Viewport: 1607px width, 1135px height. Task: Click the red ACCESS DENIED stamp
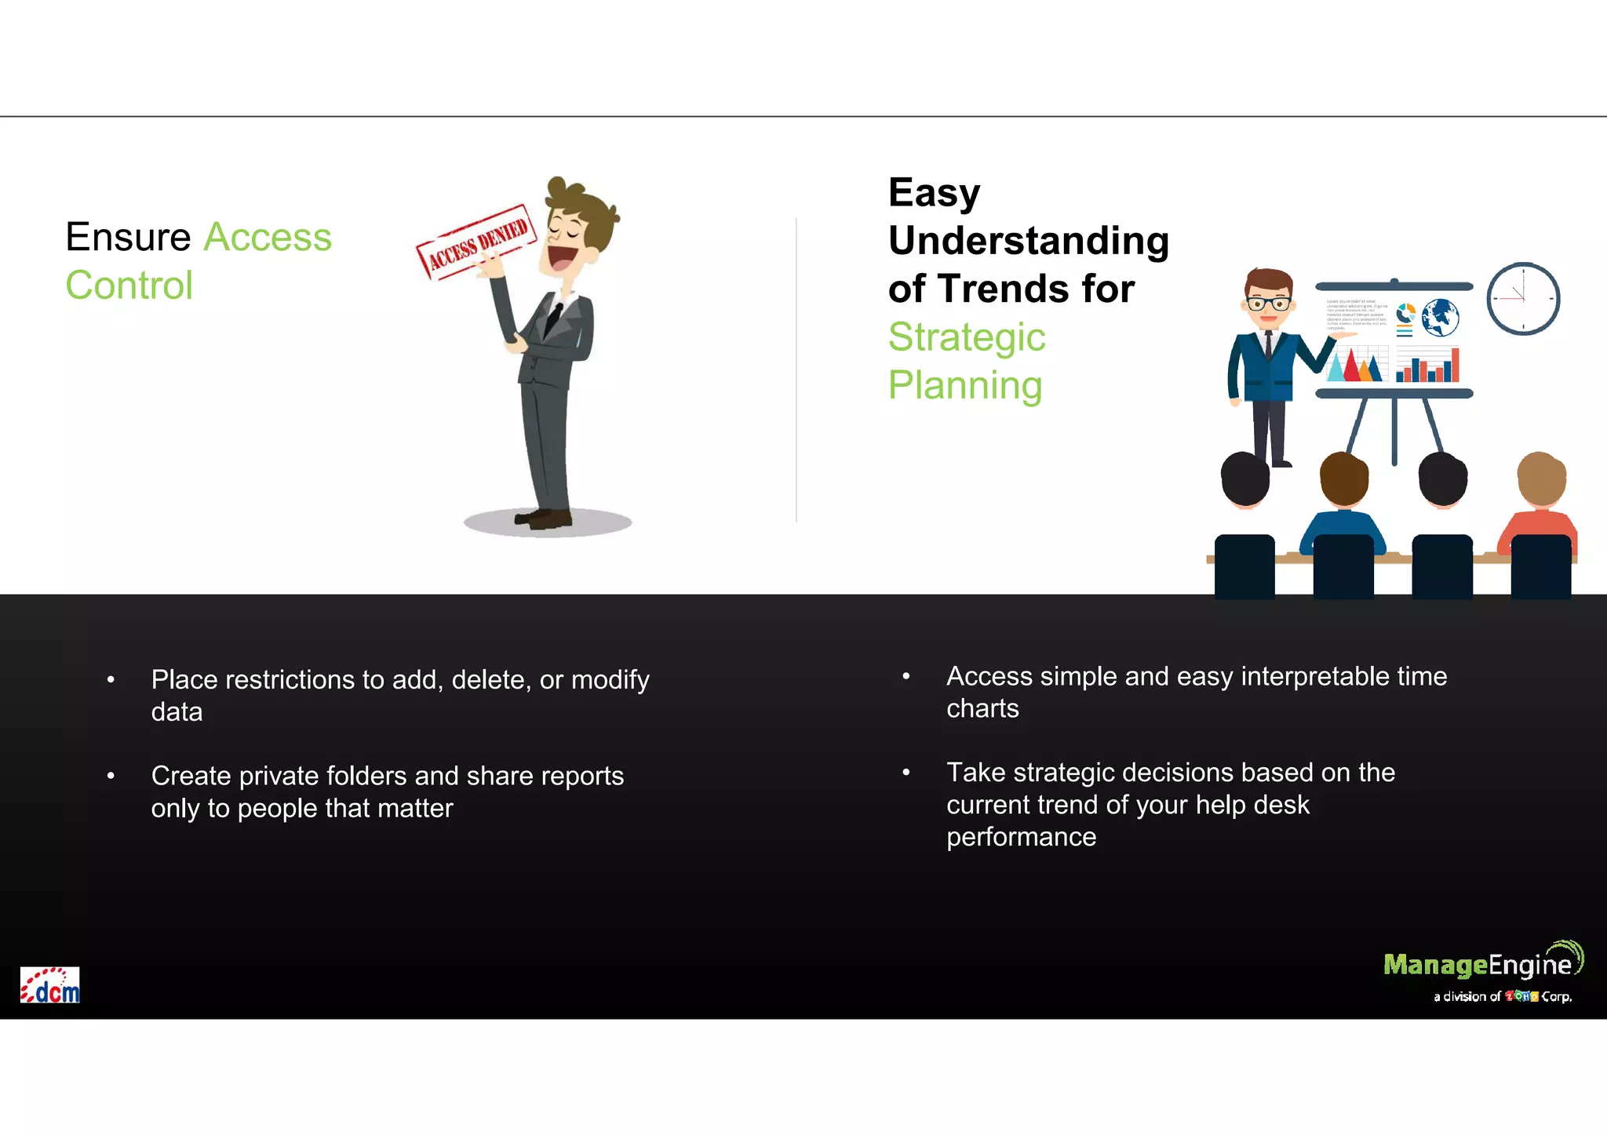coord(476,240)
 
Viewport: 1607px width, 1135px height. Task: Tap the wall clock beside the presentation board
coord(1523,299)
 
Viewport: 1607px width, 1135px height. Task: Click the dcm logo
coord(50,986)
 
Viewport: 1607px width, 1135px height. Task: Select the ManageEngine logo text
coord(1478,965)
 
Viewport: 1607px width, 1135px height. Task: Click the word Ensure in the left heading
coord(128,237)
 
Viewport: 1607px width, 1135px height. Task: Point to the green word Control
coord(129,285)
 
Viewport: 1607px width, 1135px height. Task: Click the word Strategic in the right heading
coord(967,337)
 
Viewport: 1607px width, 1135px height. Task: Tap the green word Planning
coord(965,385)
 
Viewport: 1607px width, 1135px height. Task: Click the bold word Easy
coord(934,192)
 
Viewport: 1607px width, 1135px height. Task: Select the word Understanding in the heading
coord(1028,240)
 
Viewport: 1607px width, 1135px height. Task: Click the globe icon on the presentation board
coord(1440,318)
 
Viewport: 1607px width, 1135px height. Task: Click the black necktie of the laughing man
coord(553,318)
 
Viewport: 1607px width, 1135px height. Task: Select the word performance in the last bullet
coord(1021,837)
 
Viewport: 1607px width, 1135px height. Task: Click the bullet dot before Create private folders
coord(111,776)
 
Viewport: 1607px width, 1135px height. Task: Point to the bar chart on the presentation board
coord(1427,366)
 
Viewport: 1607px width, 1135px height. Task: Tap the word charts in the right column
coord(982,708)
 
